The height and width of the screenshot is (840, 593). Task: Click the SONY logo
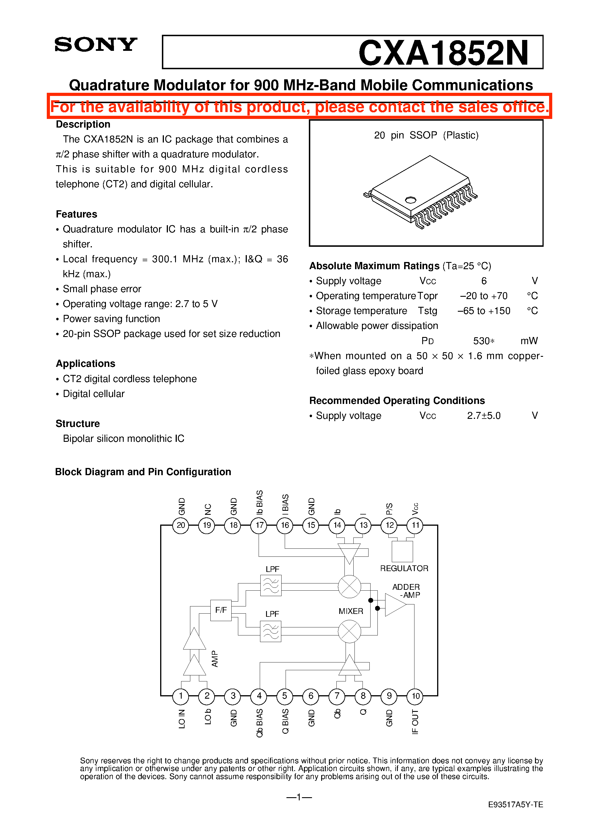(96, 45)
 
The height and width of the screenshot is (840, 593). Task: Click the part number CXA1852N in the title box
(443, 53)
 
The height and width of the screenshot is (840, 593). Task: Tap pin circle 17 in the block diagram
(259, 525)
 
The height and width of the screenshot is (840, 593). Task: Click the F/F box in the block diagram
(221, 610)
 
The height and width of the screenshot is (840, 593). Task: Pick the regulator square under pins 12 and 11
(402, 551)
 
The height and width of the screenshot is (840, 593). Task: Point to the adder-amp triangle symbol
(394, 604)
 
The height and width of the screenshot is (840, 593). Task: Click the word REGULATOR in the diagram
(404, 568)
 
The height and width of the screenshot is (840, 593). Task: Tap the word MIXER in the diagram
(351, 611)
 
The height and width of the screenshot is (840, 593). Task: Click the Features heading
(76, 214)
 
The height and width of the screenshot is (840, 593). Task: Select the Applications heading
(85, 363)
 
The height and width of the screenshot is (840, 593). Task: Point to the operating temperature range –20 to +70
(483, 296)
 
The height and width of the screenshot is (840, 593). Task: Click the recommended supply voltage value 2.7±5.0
(483, 416)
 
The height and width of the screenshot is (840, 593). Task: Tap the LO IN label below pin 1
(182, 718)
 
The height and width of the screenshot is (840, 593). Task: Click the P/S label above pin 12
(389, 508)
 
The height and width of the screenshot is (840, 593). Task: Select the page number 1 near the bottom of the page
(299, 797)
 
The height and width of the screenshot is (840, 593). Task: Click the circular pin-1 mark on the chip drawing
(410, 200)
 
